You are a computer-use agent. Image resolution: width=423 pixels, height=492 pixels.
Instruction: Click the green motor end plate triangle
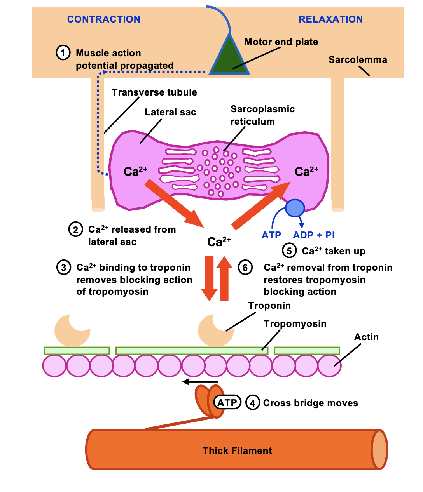(x=229, y=60)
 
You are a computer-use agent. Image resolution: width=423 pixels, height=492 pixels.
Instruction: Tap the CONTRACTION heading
(x=103, y=19)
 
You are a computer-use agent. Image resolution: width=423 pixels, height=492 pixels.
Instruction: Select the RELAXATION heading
(x=330, y=19)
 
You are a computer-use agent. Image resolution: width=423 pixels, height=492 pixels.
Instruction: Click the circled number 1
(x=63, y=52)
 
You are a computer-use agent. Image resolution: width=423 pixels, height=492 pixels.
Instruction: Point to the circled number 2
(x=75, y=229)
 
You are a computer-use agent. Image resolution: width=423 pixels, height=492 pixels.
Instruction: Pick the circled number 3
(x=64, y=268)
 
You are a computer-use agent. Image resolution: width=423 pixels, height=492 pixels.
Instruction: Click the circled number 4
(x=252, y=403)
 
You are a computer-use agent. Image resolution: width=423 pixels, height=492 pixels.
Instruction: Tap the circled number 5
(x=289, y=251)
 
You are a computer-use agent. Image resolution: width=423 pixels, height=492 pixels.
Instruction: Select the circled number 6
(x=245, y=268)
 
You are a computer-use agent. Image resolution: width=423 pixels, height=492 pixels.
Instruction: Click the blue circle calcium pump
(x=295, y=208)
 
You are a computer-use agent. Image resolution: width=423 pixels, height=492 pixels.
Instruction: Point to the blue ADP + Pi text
(x=313, y=235)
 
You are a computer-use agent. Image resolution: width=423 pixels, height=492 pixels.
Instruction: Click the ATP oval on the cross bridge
(x=227, y=403)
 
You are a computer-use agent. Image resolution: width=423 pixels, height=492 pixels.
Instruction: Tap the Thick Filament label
(x=237, y=450)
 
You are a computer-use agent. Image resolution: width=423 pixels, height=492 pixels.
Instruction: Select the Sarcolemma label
(x=358, y=59)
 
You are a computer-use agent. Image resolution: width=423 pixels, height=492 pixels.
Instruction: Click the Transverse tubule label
(x=154, y=92)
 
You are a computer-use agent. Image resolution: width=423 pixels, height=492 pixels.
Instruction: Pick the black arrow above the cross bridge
(x=200, y=382)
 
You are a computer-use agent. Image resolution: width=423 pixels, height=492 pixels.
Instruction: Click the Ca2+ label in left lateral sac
(x=135, y=171)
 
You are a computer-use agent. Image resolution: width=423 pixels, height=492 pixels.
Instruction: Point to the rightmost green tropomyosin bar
(x=307, y=351)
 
